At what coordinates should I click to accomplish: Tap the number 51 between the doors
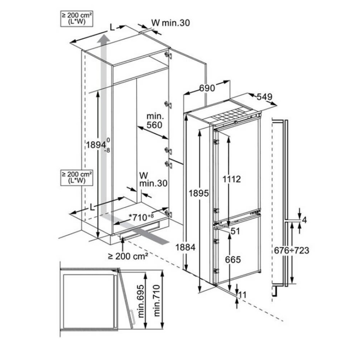pyautogui.click(x=235, y=231)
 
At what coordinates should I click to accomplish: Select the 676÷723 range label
pyautogui.click(x=292, y=250)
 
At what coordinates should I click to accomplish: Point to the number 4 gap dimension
pyautogui.click(x=305, y=220)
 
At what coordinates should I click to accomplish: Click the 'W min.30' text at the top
pyautogui.click(x=170, y=23)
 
